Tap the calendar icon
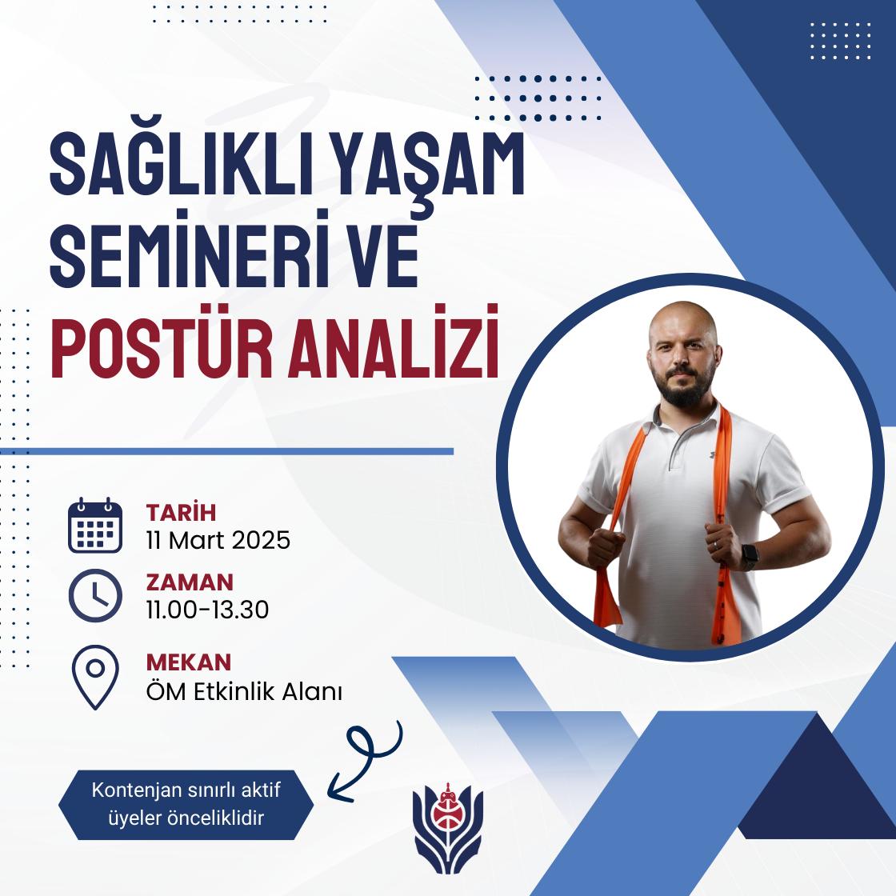[x=95, y=525]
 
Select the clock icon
[x=95, y=595]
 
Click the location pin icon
[x=95, y=677]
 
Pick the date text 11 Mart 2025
[x=218, y=540]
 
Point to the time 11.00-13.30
[x=207, y=610]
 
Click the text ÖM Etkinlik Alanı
[x=244, y=691]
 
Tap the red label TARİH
[x=181, y=512]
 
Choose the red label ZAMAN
[x=190, y=582]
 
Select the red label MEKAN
[x=189, y=662]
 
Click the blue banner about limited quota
[x=186, y=805]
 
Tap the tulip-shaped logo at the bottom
[x=448, y=828]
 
